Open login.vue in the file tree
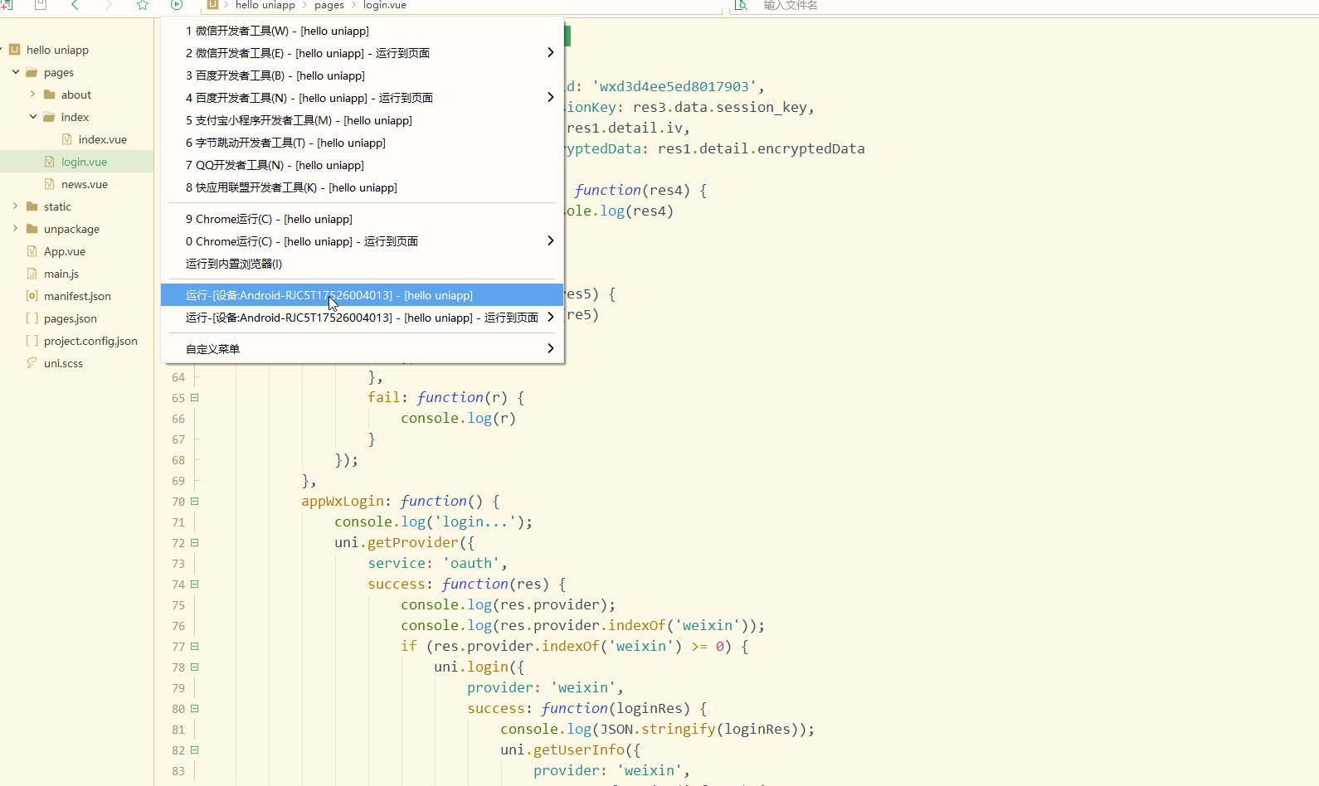click(84, 162)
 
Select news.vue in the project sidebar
click(85, 184)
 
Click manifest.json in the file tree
click(77, 296)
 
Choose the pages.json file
click(70, 318)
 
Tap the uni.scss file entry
click(63, 363)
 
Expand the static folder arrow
click(15, 206)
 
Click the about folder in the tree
click(76, 95)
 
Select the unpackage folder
click(71, 229)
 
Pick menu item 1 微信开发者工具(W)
click(277, 31)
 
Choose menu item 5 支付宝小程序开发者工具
click(299, 120)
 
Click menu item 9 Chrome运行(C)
click(269, 219)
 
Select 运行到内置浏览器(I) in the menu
click(234, 264)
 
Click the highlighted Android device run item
click(329, 295)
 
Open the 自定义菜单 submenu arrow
click(550, 348)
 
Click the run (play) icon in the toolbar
click(177, 5)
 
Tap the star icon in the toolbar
click(143, 5)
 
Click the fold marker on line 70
click(194, 502)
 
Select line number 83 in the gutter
click(178, 771)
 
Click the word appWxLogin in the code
click(343, 502)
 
